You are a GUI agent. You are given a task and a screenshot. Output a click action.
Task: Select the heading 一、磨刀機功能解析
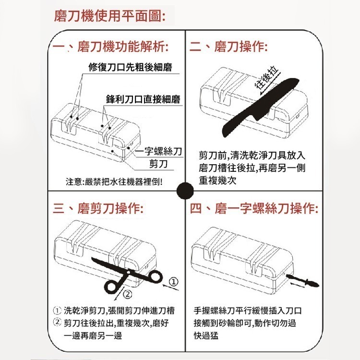110,47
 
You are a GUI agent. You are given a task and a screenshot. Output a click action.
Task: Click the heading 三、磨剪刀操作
98,209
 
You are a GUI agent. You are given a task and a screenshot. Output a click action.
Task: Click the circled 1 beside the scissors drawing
174,280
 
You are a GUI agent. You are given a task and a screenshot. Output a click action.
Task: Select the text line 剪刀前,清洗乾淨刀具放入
252,156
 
